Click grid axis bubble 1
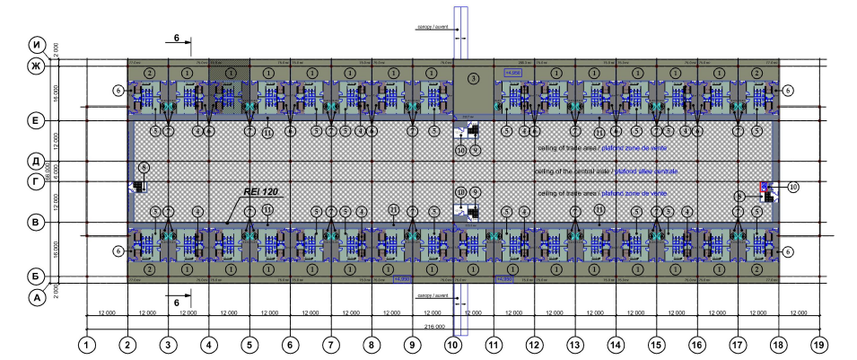(86, 343)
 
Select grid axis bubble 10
(453, 343)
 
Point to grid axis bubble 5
(249, 343)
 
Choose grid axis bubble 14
(616, 343)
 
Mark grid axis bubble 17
(738, 343)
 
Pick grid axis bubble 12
(534, 343)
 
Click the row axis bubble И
(39, 46)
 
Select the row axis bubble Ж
(39, 67)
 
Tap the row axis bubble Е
(39, 119)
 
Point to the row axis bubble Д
(39, 162)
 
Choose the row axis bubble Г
(39, 183)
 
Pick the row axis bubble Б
(39, 276)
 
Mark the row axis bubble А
(39, 299)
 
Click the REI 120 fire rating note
(262, 191)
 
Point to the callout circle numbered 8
(144, 167)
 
